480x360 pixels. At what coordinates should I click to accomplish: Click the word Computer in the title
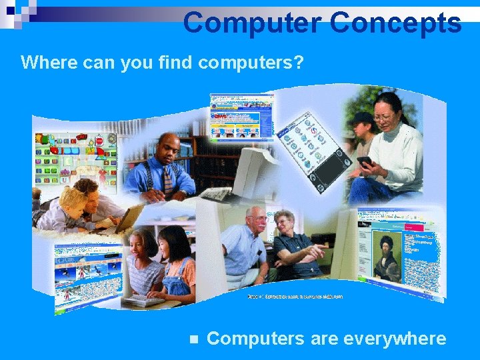(251, 22)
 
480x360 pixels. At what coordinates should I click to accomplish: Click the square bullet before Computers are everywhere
(194, 339)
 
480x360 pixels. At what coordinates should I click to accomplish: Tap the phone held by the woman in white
(365, 161)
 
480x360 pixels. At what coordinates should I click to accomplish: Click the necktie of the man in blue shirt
(167, 178)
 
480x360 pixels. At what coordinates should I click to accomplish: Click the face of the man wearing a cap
(363, 127)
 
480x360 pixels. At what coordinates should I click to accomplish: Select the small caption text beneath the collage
(295, 297)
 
